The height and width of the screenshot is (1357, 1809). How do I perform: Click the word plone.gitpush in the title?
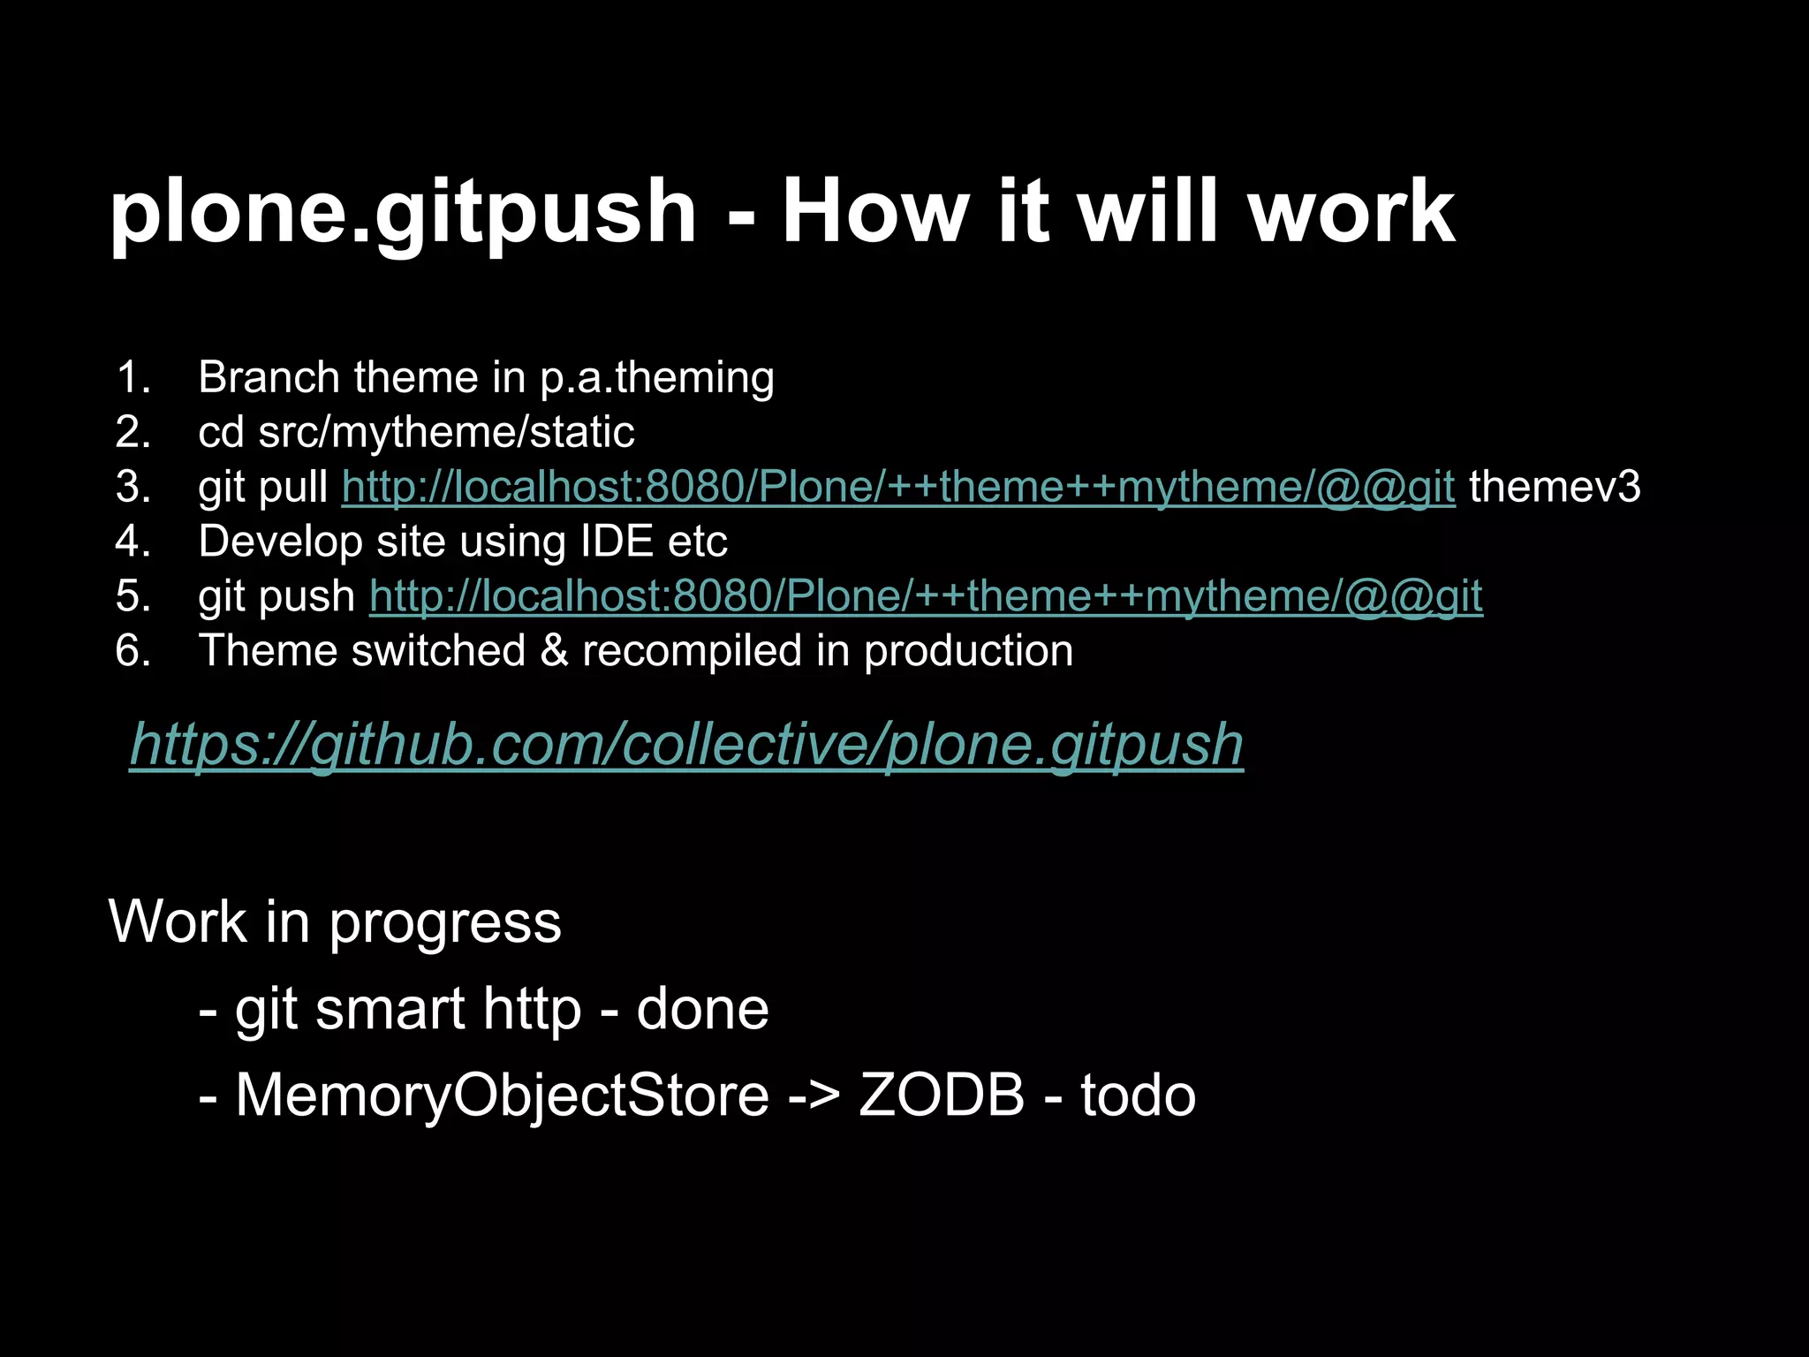(403, 213)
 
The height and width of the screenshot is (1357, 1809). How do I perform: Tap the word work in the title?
(1351, 211)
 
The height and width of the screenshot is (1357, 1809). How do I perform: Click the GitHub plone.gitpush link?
(686, 744)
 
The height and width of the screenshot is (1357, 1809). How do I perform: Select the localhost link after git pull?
(898, 486)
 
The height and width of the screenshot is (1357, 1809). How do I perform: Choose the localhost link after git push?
(926, 595)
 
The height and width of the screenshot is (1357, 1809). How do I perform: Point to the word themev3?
(1555, 486)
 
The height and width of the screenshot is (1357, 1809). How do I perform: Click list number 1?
(133, 377)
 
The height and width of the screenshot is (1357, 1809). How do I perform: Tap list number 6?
(133, 651)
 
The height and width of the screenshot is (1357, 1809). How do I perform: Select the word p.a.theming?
(657, 377)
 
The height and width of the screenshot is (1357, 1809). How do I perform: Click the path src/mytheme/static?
(446, 432)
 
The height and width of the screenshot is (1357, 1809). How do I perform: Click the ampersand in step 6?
(554, 651)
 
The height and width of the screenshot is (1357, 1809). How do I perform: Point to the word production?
(968, 651)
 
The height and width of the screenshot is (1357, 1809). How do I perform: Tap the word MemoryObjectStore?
(502, 1095)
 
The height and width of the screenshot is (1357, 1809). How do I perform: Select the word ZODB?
(941, 1095)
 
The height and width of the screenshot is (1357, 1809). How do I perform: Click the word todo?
(1138, 1095)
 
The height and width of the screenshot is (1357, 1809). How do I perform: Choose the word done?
(702, 1009)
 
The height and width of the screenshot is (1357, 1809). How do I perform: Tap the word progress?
(445, 922)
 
